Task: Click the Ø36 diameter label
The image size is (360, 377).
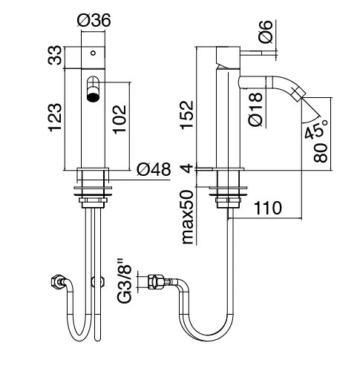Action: pos(94,22)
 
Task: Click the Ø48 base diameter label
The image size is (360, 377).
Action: pos(154,170)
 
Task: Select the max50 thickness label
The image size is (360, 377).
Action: pos(188,215)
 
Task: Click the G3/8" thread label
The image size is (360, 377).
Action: pos(126,282)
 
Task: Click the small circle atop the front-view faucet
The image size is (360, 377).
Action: pos(94,54)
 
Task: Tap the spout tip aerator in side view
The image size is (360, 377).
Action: pos(295,94)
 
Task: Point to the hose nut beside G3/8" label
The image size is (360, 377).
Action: pos(156,282)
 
